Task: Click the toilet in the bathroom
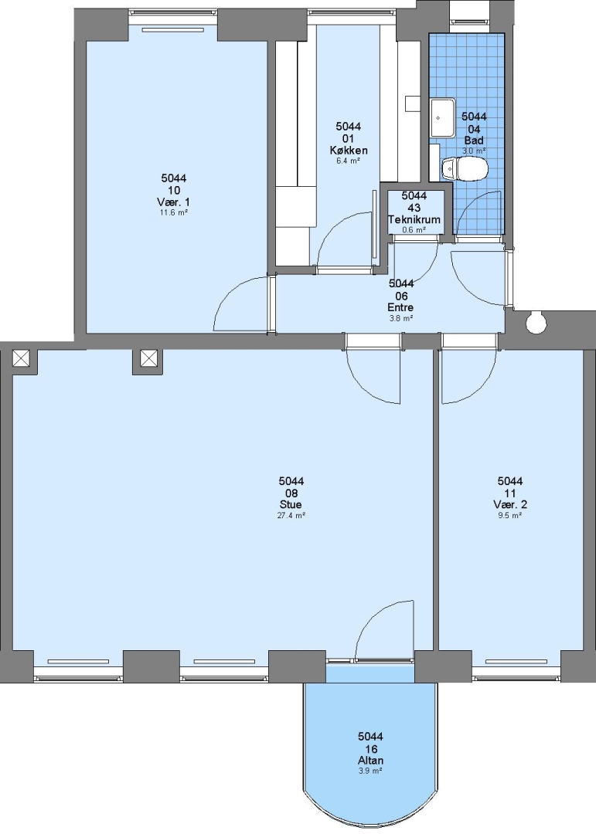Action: click(x=465, y=168)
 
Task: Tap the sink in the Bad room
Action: click(x=443, y=117)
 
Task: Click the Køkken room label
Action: click(x=349, y=150)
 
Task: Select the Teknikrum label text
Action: click(x=414, y=219)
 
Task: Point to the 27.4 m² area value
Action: click(x=291, y=515)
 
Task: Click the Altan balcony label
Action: click(x=371, y=761)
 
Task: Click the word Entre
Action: click(x=401, y=307)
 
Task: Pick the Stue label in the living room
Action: click(x=291, y=504)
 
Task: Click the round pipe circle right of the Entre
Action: click(x=535, y=322)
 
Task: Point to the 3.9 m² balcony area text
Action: click(x=371, y=771)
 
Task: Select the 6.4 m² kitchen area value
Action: click(x=349, y=161)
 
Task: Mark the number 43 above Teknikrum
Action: click(x=414, y=208)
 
